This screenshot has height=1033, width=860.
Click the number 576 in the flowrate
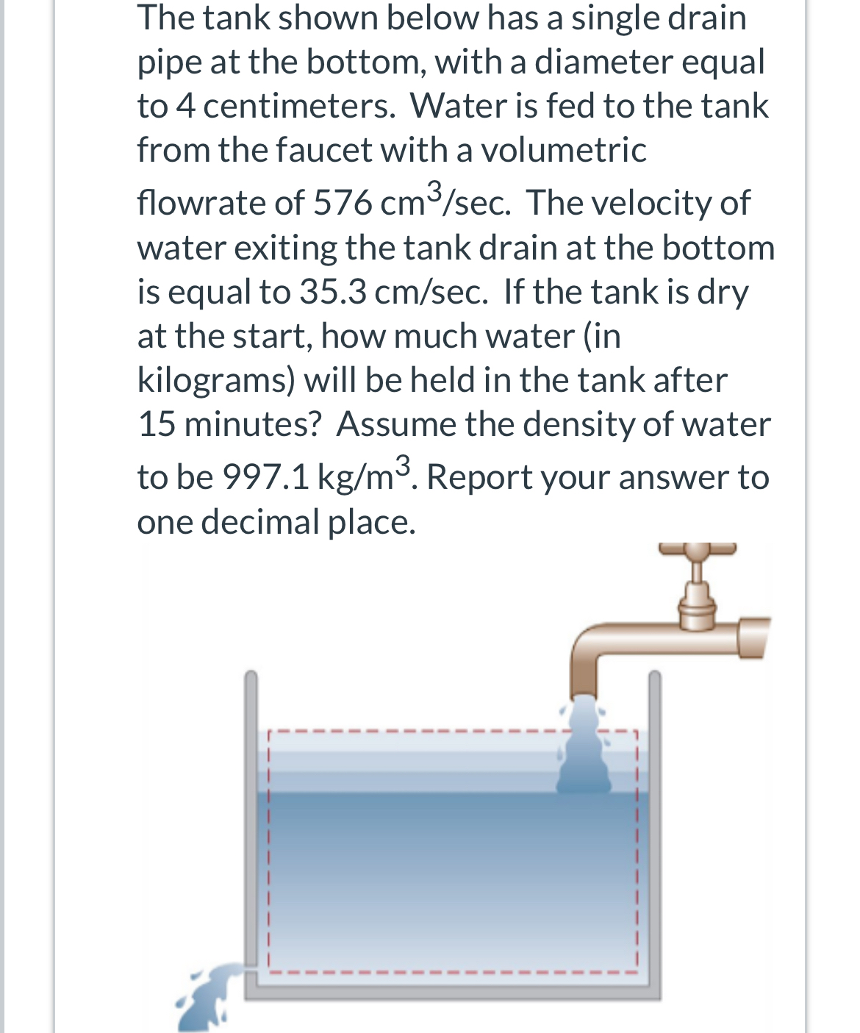(x=342, y=203)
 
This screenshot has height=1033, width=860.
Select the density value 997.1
(x=265, y=477)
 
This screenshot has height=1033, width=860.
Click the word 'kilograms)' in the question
(x=216, y=381)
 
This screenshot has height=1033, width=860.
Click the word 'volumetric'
(x=563, y=150)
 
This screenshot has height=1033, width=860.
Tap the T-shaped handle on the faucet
(x=696, y=548)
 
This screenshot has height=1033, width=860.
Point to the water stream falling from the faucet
(x=584, y=750)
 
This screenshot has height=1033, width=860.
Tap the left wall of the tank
(x=251, y=809)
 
